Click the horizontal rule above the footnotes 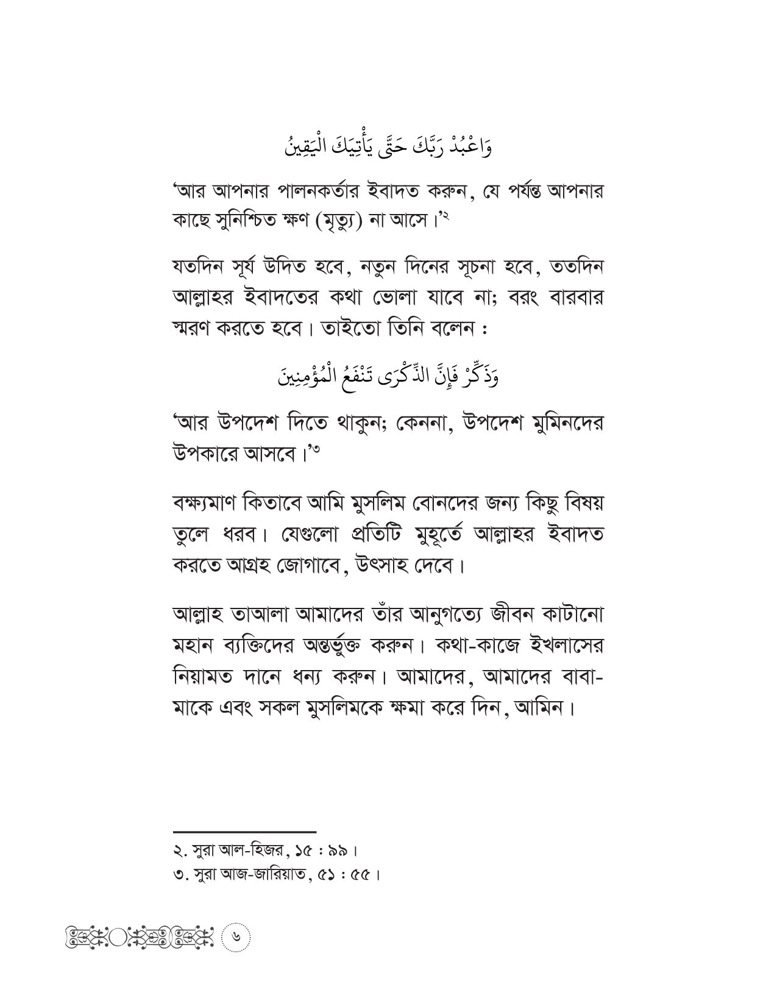click(x=245, y=831)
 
